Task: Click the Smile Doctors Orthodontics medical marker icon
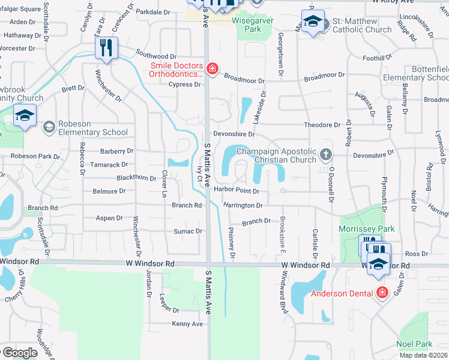[x=212, y=70]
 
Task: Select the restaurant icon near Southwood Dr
[x=106, y=48]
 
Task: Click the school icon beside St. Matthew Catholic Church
[x=312, y=22]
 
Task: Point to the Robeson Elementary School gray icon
[x=49, y=127]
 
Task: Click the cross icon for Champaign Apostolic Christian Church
[x=326, y=155]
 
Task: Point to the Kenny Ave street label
[x=187, y=324]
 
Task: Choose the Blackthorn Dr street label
[x=136, y=178]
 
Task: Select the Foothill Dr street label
[x=377, y=58]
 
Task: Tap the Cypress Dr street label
[x=184, y=85]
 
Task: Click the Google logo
[x=19, y=353]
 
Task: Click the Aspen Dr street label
[x=109, y=218]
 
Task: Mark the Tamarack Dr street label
[x=109, y=164]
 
